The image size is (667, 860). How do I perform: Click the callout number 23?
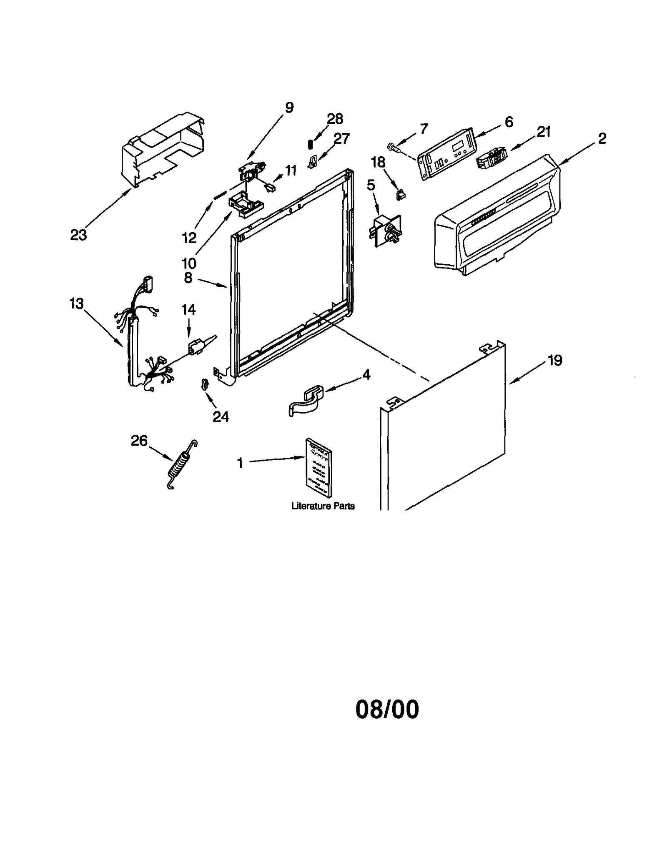tap(78, 235)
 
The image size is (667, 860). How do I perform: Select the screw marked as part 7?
tap(393, 147)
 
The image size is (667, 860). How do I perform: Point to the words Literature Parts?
tap(323, 506)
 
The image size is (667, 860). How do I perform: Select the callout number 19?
tap(555, 360)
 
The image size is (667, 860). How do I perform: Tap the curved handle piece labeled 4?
tap(306, 401)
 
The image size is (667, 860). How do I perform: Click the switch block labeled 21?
tap(492, 158)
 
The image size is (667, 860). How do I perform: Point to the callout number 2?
tap(602, 138)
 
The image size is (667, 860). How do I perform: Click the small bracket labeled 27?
tap(313, 162)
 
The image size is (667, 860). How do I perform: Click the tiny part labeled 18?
tap(401, 195)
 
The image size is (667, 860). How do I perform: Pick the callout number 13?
tap(77, 304)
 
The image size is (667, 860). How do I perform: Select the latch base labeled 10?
tap(245, 204)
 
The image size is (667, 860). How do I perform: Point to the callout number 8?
tap(188, 278)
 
